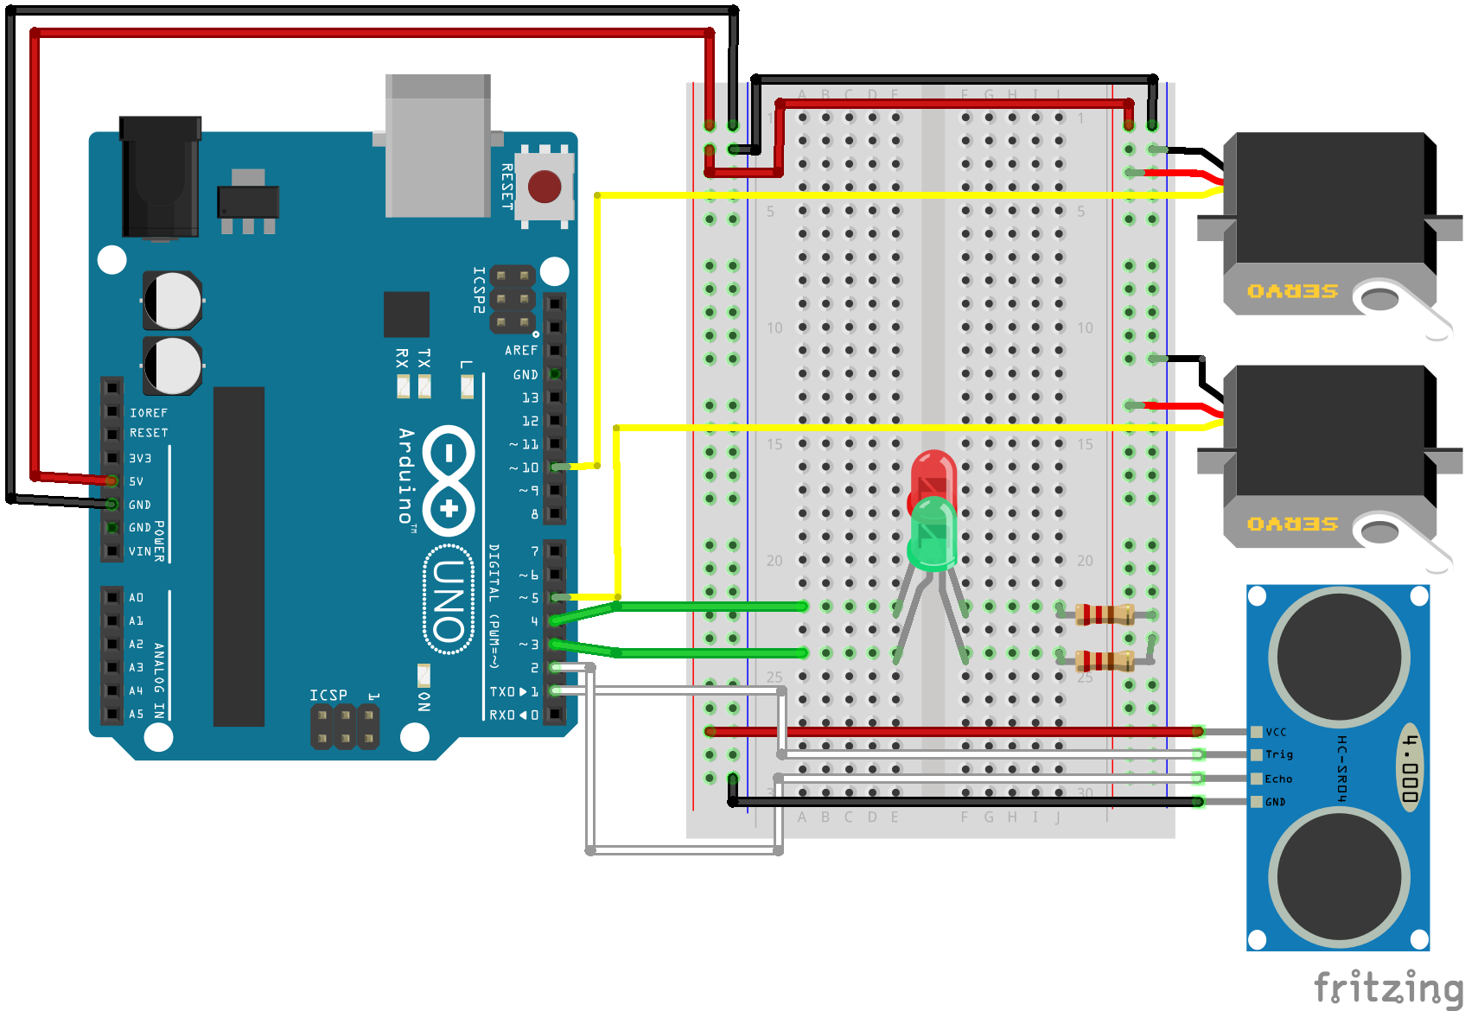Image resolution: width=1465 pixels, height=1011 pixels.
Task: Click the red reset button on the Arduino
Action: pyautogui.click(x=544, y=187)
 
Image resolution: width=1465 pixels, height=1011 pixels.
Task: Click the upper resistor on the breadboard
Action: pyautogui.click(x=1104, y=614)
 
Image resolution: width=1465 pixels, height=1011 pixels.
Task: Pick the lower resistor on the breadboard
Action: pyautogui.click(x=1104, y=661)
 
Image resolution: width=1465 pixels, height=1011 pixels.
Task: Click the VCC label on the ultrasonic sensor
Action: pyautogui.click(x=1276, y=732)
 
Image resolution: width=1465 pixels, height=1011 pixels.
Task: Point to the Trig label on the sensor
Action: pyautogui.click(x=1278, y=754)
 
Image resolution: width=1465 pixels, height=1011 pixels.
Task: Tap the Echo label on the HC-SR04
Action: pyautogui.click(x=1278, y=779)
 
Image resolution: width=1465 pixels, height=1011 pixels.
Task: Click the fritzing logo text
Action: pyautogui.click(x=1386, y=987)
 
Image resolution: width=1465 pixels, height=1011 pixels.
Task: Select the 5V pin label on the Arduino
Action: pyautogui.click(x=137, y=481)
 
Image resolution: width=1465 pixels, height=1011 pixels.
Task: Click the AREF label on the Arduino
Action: pyautogui.click(x=521, y=350)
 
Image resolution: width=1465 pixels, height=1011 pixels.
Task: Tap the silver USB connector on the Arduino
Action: pyautogui.click(x=438, y=147)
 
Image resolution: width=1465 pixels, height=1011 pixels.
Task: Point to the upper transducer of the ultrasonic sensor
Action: pyautogui.click(x=1339, y=656)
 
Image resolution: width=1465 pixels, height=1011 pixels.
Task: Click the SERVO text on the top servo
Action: pyautogui.click(x=1292, y=291)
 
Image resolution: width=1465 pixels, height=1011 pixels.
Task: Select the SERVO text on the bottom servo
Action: pyautogui.click(x=1292, y=524)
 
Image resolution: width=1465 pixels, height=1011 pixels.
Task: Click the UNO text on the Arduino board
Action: pyautogui.click(x=449, y=600)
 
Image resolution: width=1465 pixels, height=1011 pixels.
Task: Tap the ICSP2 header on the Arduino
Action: pyautogui.click(x=512, y=300)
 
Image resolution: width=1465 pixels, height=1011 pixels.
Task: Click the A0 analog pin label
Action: pyautogui.click(x=137, y=597)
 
